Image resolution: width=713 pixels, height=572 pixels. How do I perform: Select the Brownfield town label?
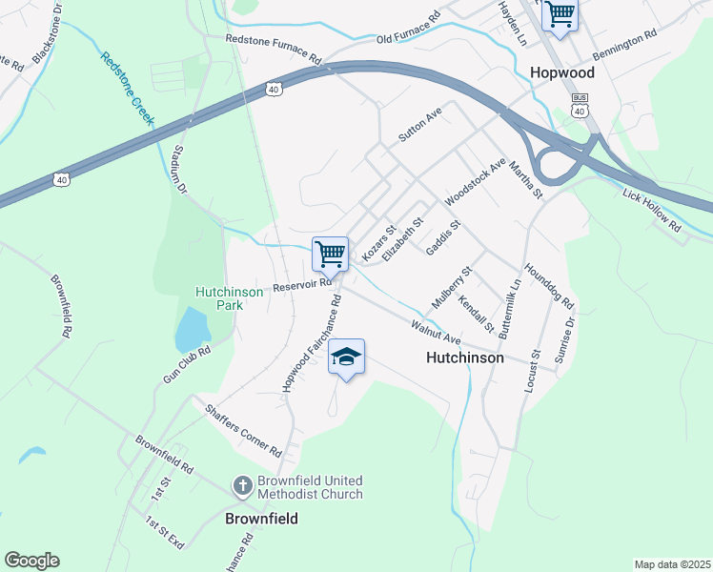click(x=261, y=519)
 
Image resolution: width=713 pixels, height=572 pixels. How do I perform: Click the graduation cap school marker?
click(x=347, y=357)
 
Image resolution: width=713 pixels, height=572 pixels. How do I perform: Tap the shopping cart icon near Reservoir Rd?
click(x=330, y=255)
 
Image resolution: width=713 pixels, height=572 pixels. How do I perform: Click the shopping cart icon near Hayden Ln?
click(x=560, y=14)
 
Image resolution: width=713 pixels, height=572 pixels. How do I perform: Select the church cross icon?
click(x=243, y=487)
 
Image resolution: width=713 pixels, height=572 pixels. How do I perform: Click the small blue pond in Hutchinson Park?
click(x=192, y=330)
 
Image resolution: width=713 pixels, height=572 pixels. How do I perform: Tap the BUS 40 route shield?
click(x=579, y=105)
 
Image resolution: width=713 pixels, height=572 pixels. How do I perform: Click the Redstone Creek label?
click(x=127, y=86)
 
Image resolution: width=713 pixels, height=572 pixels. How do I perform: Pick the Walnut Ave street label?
click(x=436, y=333)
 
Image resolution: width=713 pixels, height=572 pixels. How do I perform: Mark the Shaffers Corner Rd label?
click(x=244, y=429)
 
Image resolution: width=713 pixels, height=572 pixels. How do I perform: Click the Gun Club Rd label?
click(x=186, y=364)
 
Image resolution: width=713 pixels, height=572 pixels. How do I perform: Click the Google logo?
click(x=31, y=561)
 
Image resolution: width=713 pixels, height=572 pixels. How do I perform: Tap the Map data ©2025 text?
click(x=671, y=564)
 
